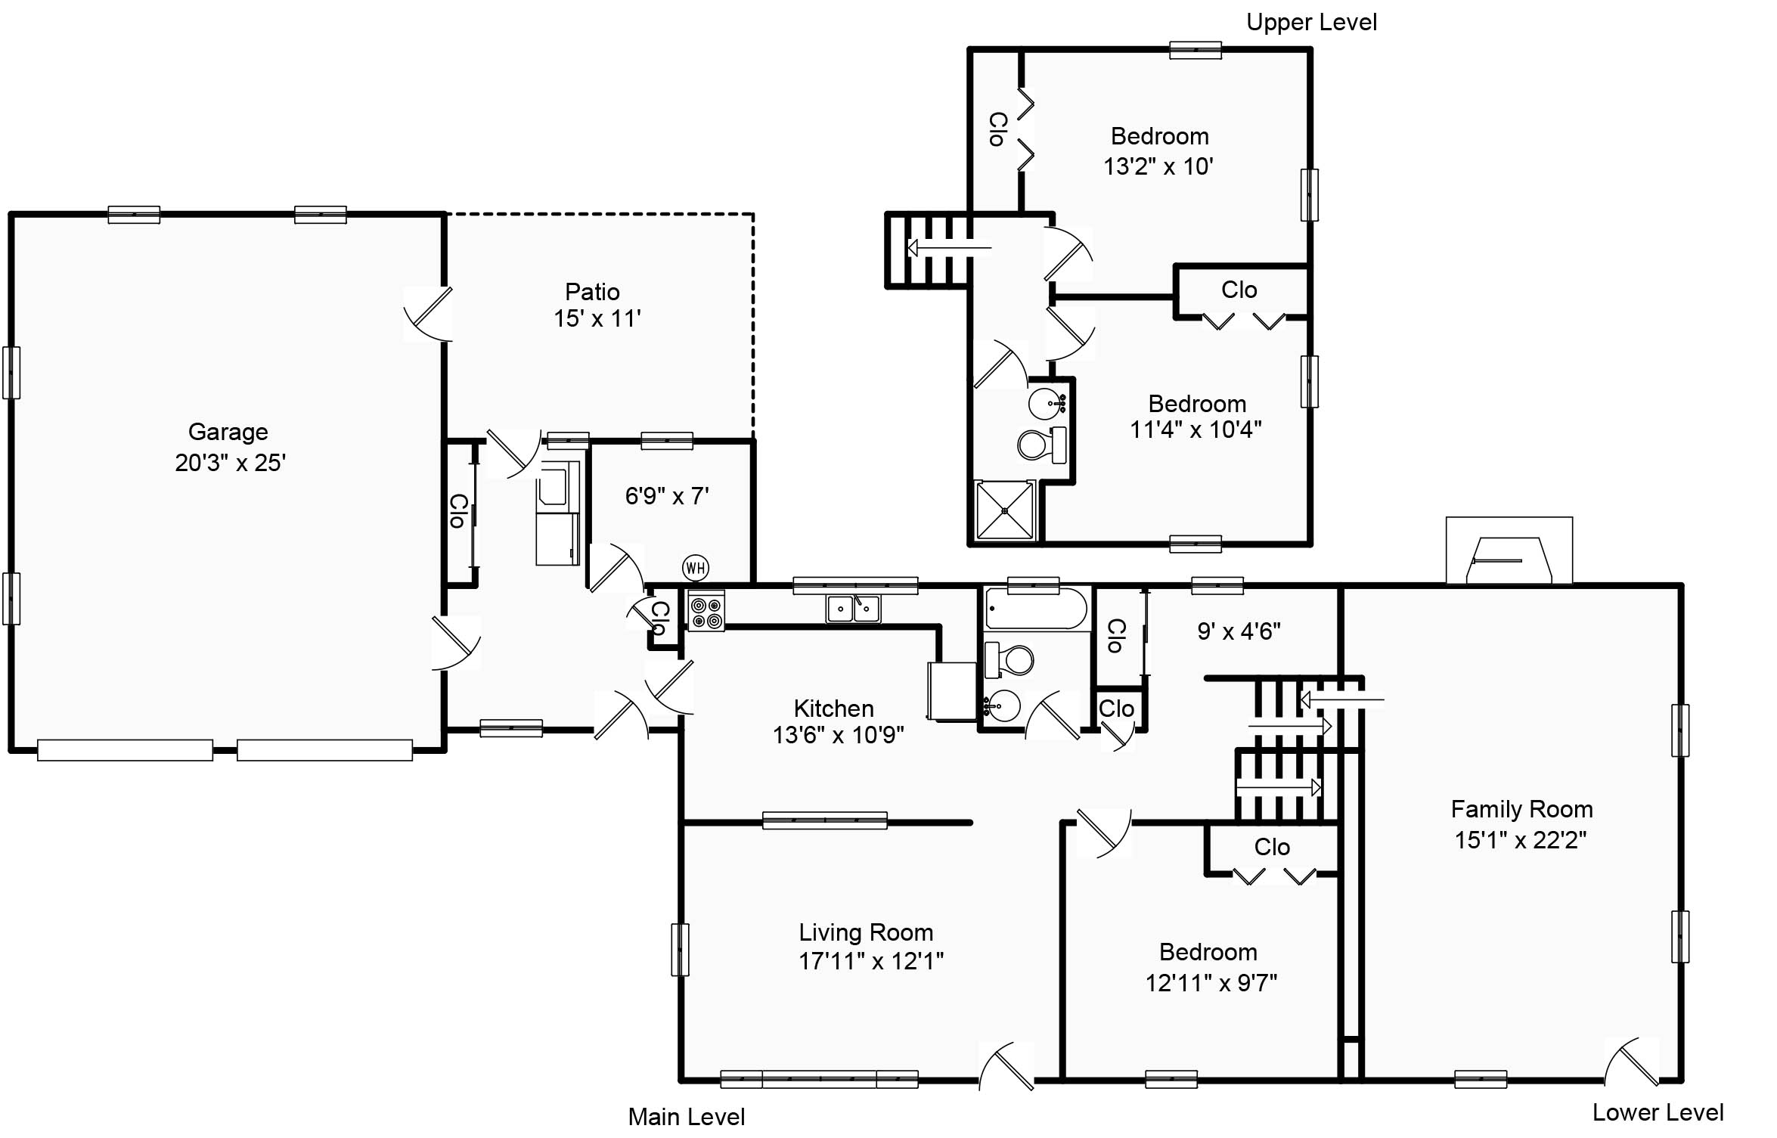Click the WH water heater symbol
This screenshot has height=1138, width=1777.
[x=695, y=567]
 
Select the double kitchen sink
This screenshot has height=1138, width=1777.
[x=854, y=608]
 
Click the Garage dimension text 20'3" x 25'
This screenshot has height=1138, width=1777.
[x=230, y=462]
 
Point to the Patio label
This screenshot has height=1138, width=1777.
[x=592, y=292]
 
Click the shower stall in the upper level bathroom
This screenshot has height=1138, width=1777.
[x=1004, y=511]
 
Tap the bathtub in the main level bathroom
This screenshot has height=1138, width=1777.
[x=1036, y=609]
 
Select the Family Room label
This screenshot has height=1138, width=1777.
[x=1521, y=809]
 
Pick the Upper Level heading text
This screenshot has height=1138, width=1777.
[x=1311, y=23]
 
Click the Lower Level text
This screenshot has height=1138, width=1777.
[x=1658, y=1112]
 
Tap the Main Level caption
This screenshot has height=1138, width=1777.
[x=686, y=1117]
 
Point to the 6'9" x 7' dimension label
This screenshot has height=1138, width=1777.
[x=667, y=496]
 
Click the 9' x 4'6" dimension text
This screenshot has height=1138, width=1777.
[x=1239, y=631]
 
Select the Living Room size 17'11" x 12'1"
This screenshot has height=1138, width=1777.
[x=871, y=960]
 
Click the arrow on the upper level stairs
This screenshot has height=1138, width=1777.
[x=948, y=247]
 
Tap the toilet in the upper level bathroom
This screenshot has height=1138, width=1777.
[x=1040, y=445]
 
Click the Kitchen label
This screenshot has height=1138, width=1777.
[x=833, y=709]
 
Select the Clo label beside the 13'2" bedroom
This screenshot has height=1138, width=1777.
[x=997, y=129]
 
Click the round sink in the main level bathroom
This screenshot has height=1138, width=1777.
[x=1003, y=707]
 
